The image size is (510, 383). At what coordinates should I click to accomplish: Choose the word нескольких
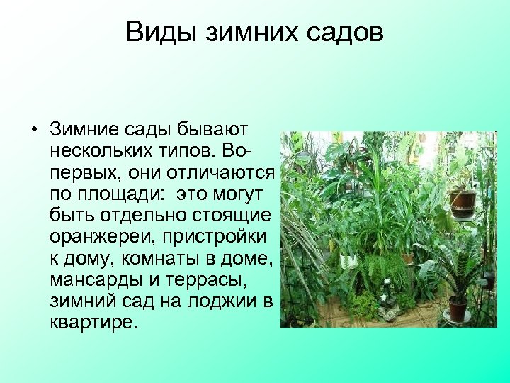pyautogui.click(x=98, y=151)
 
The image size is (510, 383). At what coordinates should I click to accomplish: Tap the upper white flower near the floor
pyautogui.click(x=387, y=281)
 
